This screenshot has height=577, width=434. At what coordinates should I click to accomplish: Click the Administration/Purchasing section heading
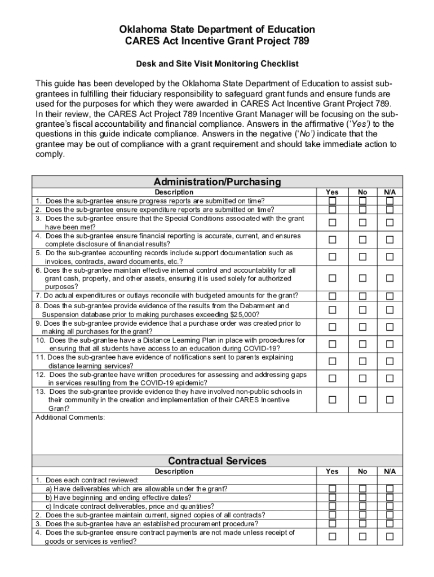tap(217, 181)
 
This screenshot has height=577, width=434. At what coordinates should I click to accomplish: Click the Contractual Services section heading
tap(217, 461)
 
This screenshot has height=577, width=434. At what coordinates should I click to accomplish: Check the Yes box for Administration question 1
tap(333, 201)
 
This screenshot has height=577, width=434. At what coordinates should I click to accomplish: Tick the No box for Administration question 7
tap(362, 296)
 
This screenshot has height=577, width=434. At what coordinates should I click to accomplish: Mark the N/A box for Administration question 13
tap(389, 400)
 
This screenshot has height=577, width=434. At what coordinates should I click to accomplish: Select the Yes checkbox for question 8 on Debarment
tap(333, 310)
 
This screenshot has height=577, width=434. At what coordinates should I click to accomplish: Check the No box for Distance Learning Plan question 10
tap(362, 344)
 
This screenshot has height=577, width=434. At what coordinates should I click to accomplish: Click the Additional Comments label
tap(70, 418)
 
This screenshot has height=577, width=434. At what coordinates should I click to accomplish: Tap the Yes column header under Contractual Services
tap(333, 471)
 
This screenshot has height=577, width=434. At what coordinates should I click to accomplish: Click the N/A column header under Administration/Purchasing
tap(389, 192)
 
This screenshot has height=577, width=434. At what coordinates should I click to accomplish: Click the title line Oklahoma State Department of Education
tap(217, 29)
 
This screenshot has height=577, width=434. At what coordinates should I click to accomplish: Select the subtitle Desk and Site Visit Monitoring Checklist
tap(217, 64)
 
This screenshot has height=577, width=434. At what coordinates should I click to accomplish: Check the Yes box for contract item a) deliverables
tap(333, 489)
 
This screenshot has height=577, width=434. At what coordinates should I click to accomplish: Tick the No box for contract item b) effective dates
tap(362, 498)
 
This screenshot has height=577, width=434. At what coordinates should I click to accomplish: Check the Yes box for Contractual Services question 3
tap(333, 523)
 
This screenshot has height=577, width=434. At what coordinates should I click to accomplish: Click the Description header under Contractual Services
tap(174, 471)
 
